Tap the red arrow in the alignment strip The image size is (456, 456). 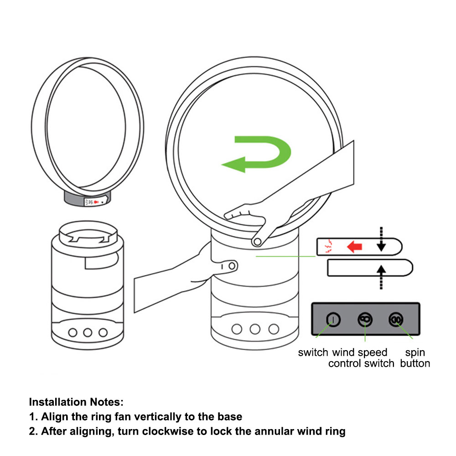[354, 247]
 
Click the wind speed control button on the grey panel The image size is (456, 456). [364, 320]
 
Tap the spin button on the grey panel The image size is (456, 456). [395, 320]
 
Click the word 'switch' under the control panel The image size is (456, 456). [313, 352]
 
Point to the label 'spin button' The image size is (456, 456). [415, 358]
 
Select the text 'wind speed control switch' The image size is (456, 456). [361, 358]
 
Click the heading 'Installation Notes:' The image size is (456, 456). [76, 402]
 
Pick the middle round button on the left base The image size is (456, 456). [88, 332]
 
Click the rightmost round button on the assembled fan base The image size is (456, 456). [274, 328]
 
